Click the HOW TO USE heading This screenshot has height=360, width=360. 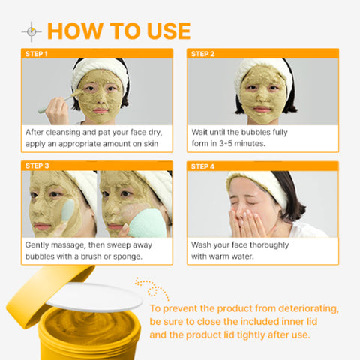pyautogui.click(x=118, y=31)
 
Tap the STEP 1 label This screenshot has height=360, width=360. pyautogui.click(x=37, y=54)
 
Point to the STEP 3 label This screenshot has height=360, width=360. pyautogui.click(x=37, y=166)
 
